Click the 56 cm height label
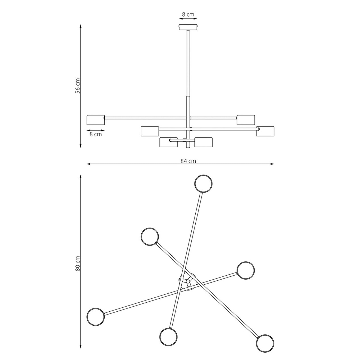coord(78,86)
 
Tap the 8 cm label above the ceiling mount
coord(188,14)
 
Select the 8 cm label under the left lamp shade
coord(96,134)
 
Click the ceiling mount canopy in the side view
coord(188,27)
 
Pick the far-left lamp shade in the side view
coord(95,120)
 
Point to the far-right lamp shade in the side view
coord(265,131)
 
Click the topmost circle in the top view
coord(203,184)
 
